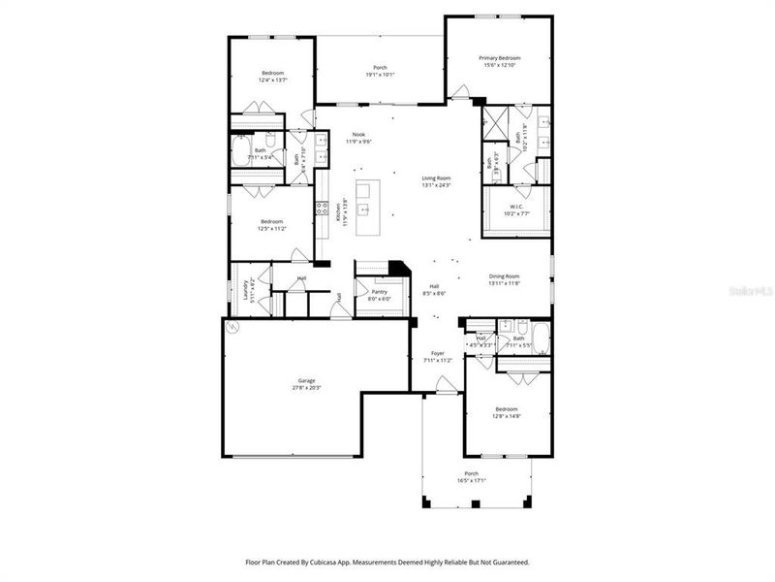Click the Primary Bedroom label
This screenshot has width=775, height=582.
pos(499,58)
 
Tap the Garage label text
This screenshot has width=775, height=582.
pos(306,380)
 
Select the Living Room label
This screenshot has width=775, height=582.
pos(436,178)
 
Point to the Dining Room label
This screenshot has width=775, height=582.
pos(504,276)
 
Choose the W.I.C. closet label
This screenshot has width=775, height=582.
pos(517,207)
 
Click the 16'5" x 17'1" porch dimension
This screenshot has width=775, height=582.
pos(472,480)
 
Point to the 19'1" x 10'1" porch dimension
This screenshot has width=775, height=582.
pos(380,75)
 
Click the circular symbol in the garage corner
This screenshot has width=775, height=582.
pos(232,328)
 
